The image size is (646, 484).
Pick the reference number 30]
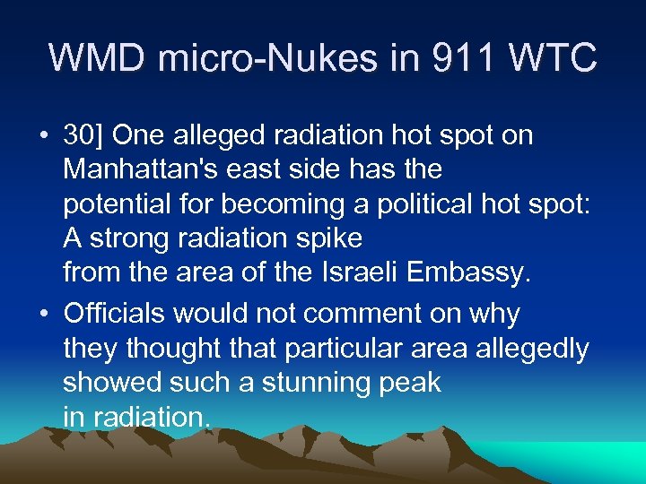83,136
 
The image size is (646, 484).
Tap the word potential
113,204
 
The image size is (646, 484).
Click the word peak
408,383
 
